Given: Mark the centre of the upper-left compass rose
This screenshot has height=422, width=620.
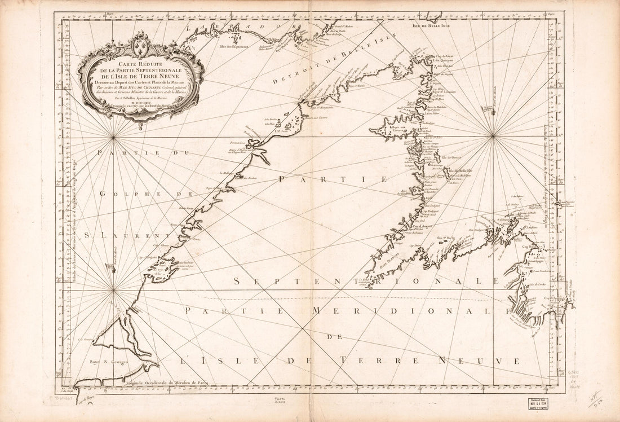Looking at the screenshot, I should tap(114, 136).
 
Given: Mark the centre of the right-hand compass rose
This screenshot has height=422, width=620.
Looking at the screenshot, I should tap(493, 135).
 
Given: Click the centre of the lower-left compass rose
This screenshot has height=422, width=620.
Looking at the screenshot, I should tap(114, 290).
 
